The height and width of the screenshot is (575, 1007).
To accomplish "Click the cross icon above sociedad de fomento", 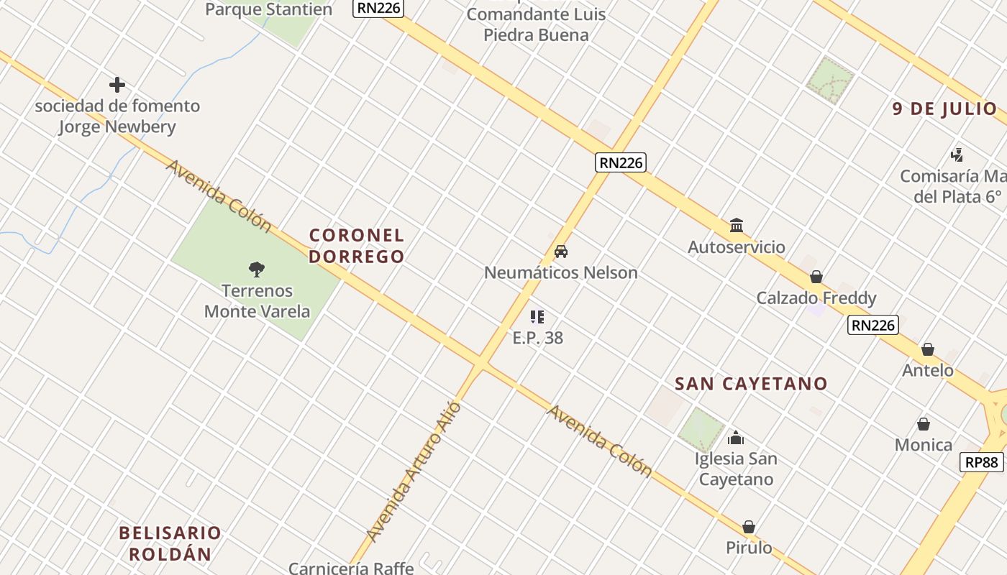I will (117, 85).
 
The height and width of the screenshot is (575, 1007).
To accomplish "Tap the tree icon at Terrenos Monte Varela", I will (257, 270).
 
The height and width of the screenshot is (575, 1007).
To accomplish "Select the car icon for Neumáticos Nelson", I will (561, 252).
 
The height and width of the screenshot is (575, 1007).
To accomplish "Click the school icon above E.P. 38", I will (537, 317).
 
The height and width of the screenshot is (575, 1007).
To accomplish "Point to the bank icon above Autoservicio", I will (737, 226).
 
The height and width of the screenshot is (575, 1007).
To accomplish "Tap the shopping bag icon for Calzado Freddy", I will (816, 277).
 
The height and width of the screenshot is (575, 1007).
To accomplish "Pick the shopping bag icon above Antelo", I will (928, 350).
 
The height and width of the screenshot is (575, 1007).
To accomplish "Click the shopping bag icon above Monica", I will (924, 424).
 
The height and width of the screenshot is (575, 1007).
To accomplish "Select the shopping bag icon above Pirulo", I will (749, 527).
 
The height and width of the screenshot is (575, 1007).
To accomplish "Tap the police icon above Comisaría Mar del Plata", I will (957, 155).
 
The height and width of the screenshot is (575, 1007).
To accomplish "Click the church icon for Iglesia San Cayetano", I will (736, 437).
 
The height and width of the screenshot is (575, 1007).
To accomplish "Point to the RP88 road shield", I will (982, 462).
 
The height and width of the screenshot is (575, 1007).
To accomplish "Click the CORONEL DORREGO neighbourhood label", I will (357, 246).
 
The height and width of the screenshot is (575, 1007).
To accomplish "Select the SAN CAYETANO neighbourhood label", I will (751, 384).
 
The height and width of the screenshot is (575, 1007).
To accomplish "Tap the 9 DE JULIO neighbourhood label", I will (944, 109).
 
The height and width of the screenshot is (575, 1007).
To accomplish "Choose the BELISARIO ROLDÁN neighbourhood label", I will (170, 543).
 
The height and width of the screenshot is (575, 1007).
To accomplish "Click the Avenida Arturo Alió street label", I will (414, 472).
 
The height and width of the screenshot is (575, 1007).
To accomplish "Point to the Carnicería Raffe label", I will (351, 568).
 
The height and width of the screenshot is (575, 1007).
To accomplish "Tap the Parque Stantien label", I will (268, 9).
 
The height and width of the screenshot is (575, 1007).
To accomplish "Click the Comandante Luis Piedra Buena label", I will (536, 24).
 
